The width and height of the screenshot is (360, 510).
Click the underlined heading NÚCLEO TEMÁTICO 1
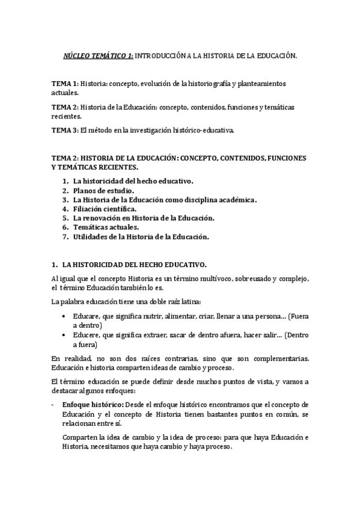pyautogui.click(x=99, y=55)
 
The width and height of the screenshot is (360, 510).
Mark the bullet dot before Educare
pyautogui.click(x=64, y=316)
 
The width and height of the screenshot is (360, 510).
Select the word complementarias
pyautogui.click(x=278, y=358)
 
